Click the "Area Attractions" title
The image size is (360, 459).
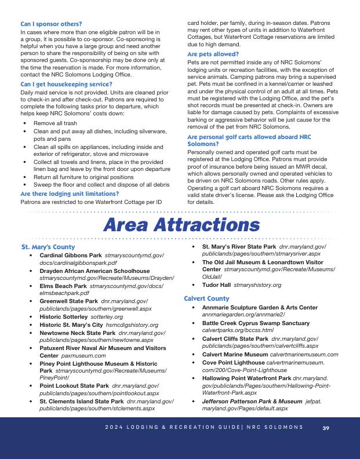pos(180,225)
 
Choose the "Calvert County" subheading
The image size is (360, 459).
pos(207,298)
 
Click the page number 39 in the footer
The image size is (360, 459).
pos(326,428)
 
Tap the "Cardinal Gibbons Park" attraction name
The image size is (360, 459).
pos(70,255)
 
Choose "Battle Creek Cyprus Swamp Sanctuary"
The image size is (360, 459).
pos(256,323)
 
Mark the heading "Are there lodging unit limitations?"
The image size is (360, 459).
pos(70,194)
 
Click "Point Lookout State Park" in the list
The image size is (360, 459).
pos(74,385)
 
